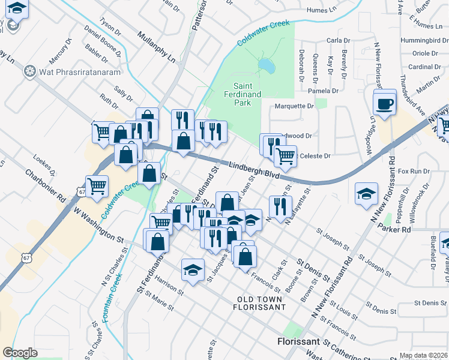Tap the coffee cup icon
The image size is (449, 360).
click(x=384, y=104)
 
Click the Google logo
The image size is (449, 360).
click(x=20, y=353)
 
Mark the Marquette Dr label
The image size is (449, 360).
click(x=294, y=106)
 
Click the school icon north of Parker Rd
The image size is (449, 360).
click(x=366, y=194)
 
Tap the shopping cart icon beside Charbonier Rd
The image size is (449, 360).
click(x=97, y=185)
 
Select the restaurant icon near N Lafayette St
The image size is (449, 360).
click(x=280, y=206)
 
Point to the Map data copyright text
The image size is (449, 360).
click(x=423, y=355)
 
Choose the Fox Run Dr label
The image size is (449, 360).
click(x=414, y=171)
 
